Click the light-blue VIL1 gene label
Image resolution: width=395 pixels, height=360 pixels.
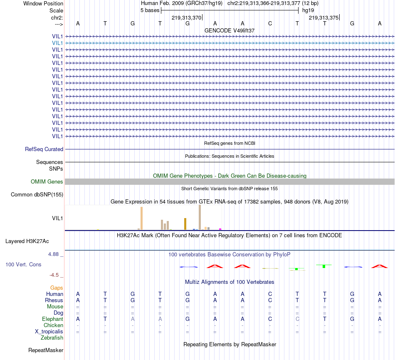pos(57,43)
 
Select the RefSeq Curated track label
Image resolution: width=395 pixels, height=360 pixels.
pos(44,149)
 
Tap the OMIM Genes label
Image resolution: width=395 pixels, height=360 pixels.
pos(47,181)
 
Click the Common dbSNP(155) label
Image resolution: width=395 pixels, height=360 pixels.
pos(37,194)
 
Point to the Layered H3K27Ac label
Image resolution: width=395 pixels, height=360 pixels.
pos(27,241)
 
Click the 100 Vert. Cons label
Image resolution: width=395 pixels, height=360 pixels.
pos(23,264)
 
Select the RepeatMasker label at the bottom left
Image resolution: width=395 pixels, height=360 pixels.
pos(46,350)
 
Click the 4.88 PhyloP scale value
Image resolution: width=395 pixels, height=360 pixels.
pos(54,253)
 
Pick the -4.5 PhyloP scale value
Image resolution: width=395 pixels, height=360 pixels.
pos(55,275)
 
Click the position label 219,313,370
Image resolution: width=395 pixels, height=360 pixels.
pos(186,17)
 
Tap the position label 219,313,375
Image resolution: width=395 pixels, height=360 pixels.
pos(323,17)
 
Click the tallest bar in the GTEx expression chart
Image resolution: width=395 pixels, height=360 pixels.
pos(200,217)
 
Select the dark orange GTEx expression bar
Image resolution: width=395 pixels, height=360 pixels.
pos(185,223)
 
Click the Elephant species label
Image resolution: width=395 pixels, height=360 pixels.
pos(52,319)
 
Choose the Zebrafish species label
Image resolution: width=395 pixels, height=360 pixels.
pos(52,338)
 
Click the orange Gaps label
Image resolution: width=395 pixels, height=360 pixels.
pos(57,288)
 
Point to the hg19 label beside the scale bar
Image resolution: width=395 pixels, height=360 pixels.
pos(308,10)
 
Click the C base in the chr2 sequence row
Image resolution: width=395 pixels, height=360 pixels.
pos(270,23)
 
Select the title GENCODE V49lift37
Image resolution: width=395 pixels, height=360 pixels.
pos(230,30)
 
